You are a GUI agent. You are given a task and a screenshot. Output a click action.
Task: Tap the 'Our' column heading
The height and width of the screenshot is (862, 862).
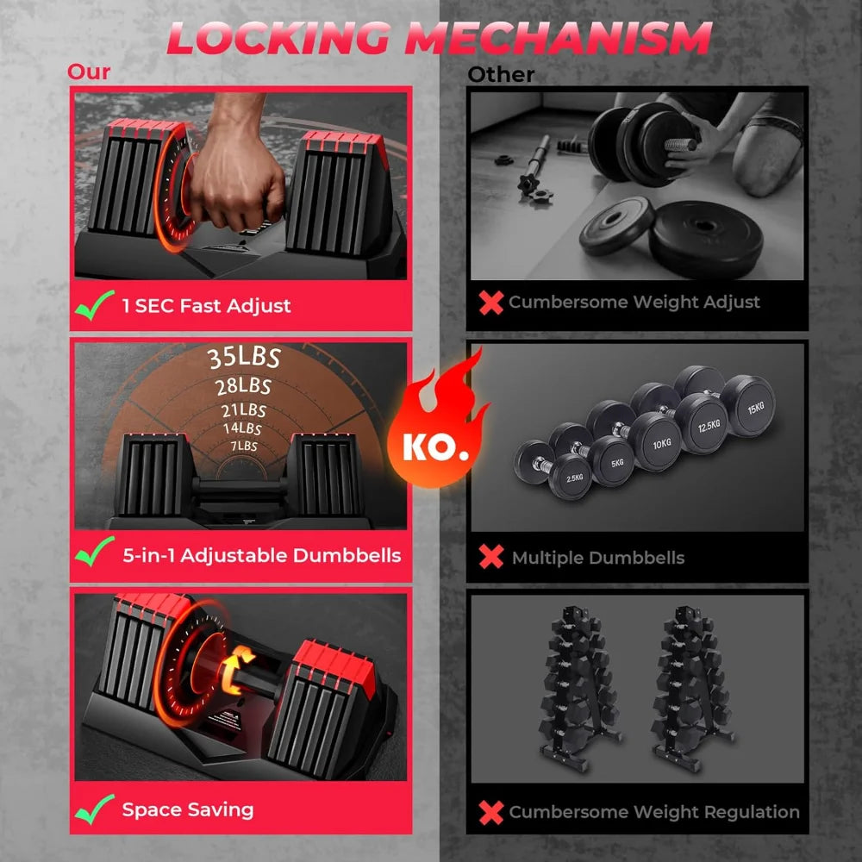click(x=89, y=71)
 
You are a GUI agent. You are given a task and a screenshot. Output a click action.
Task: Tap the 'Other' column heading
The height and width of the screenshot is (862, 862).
click(x=501, y=74)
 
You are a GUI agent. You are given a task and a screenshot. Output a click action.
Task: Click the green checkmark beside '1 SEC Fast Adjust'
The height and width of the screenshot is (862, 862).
click(x=94, y=305)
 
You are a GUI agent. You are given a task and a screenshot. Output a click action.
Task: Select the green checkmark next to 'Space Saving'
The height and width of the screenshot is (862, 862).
click(x=94, y=809)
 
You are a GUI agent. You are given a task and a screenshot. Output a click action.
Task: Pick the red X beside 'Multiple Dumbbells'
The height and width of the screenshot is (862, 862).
click(x=491, y=557)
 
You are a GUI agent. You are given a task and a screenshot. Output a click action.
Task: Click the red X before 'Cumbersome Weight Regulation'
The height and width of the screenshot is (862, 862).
click(x=491, y=811)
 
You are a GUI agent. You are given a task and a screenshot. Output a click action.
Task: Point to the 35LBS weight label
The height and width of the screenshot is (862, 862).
click(x=244, y=357)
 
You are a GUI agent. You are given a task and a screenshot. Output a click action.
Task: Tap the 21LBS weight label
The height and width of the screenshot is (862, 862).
click(x=242, y=410)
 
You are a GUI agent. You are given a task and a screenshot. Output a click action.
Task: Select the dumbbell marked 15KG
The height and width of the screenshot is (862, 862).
click(x=746, y=404)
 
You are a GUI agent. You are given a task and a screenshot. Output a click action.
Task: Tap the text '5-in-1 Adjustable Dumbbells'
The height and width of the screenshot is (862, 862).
click(x=261, y=555)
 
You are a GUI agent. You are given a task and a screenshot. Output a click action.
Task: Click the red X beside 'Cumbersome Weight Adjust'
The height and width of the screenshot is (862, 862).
click(x=491, y=302)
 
